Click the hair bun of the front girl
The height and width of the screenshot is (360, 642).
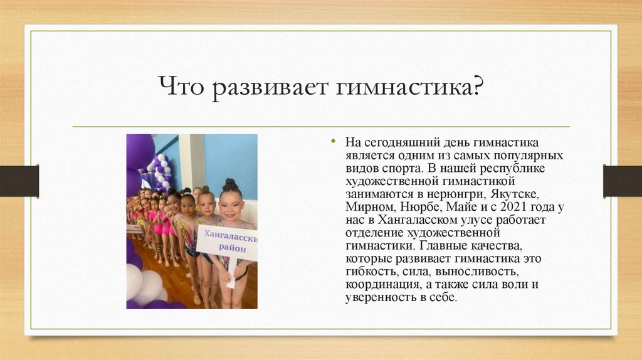coord(231,185)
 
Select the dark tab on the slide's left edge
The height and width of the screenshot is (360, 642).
coord(19,181)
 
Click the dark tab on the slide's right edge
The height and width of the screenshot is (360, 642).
coord(622,181)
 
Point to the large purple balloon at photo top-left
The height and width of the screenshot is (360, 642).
coord(139,151)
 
